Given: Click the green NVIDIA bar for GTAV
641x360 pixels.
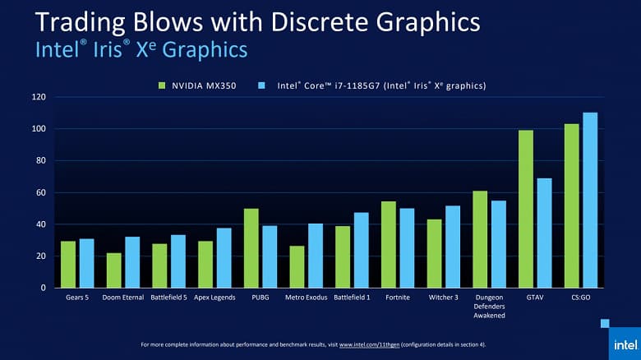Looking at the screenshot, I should pos(526,209).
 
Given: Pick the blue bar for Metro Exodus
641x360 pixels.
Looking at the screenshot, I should pos(316,256).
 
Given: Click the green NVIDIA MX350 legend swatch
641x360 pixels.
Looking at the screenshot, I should pos(163,85).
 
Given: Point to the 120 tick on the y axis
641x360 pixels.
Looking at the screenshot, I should pos(38,97).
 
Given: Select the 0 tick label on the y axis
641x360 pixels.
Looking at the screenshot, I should pos(43,288).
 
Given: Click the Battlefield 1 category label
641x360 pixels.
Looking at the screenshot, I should pos(352,298).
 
